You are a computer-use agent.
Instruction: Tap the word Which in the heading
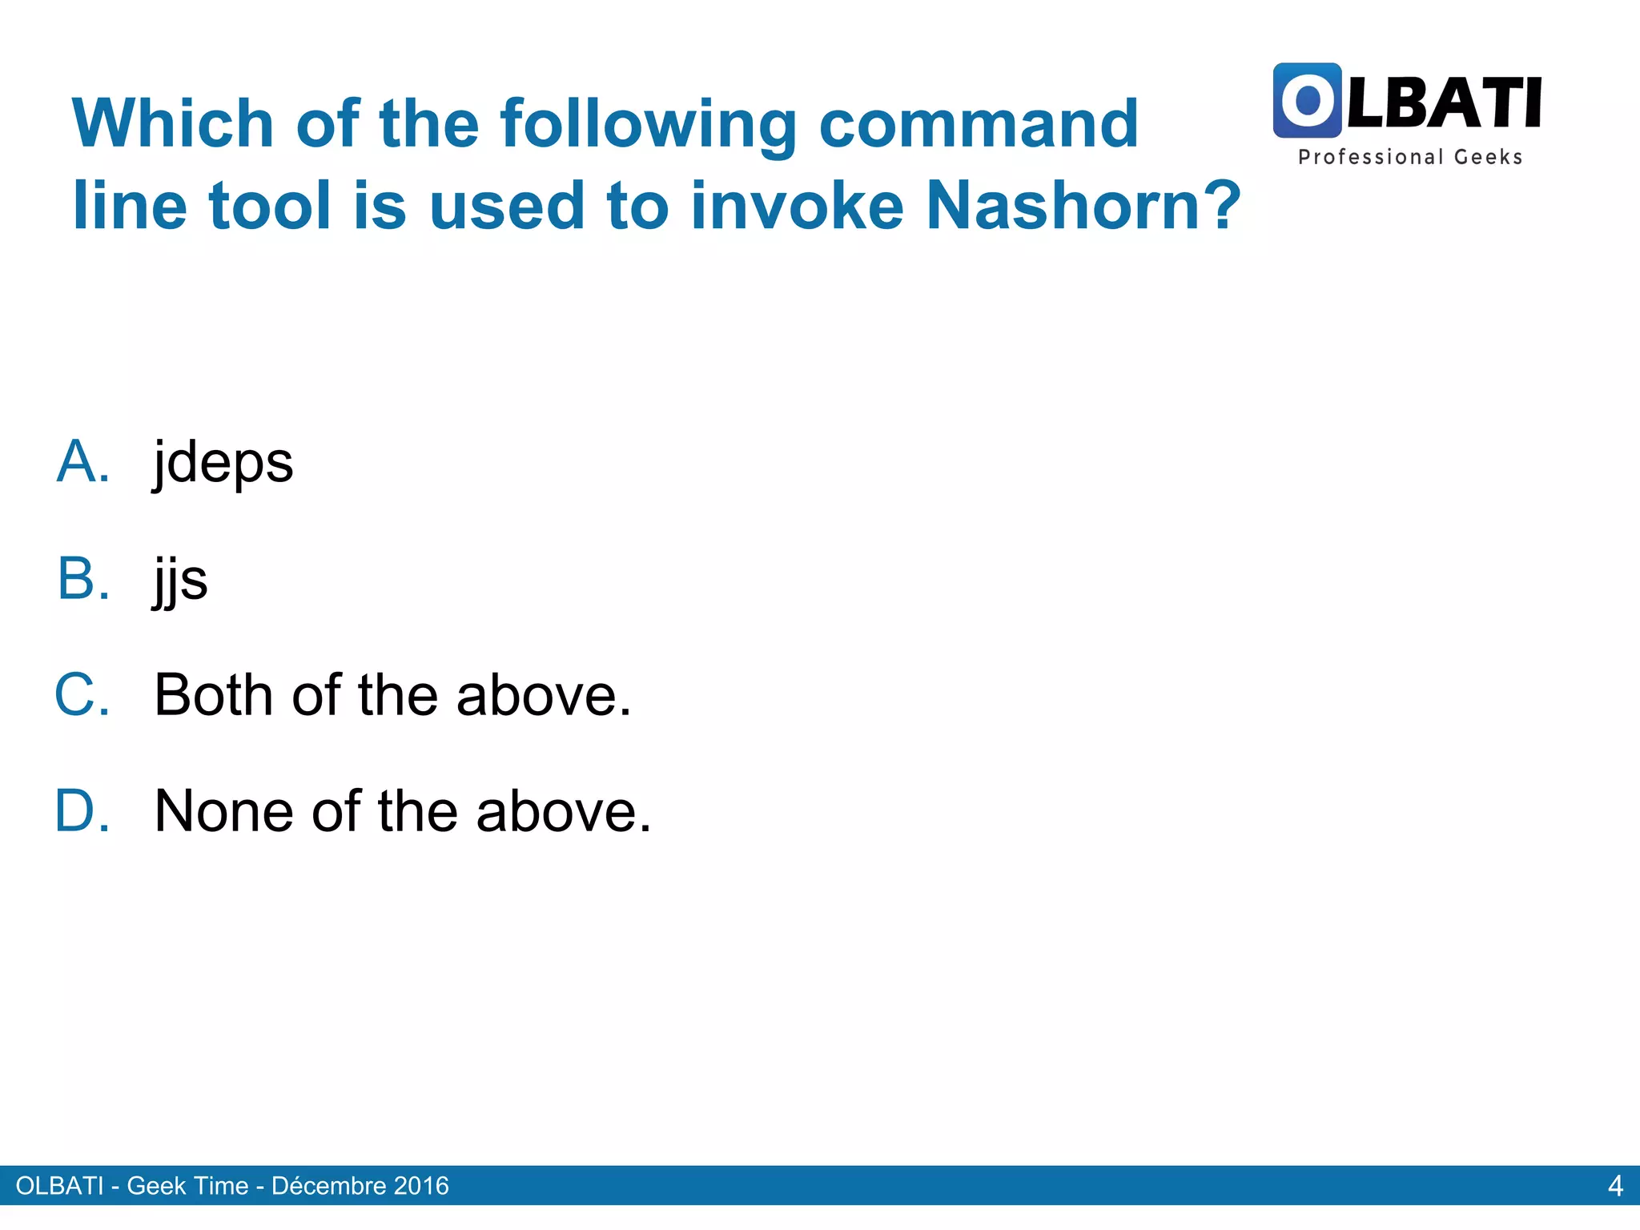tap(173, 123)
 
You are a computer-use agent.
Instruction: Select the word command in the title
tap(978, 123)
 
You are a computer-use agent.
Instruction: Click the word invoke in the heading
tap(797, 206)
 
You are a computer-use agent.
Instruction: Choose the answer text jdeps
tap(223, 464)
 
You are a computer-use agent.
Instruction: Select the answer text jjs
tap(181, 580)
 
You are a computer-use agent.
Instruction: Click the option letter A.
tap(82, 462)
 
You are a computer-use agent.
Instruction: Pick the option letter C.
tap(82, 694)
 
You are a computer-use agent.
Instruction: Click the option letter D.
tap(82, 810)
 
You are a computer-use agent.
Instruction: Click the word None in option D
tap(223, 810)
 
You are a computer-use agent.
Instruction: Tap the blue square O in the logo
tap(1307, 101)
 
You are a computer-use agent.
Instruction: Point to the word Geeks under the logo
tap(1488, 157)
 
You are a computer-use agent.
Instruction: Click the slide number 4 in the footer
tap(1615, 1186)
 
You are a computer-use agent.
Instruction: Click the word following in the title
tap(648, 123)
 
